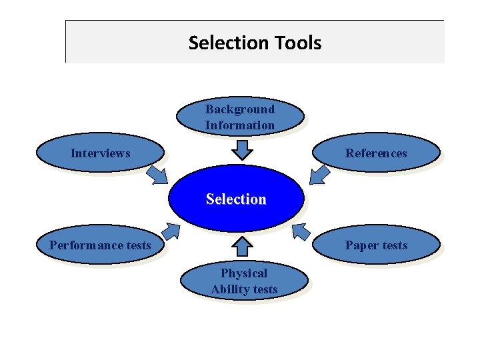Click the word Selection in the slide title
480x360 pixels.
219,43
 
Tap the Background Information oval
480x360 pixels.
239,117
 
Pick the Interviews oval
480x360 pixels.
100,153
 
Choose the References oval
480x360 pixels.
375,153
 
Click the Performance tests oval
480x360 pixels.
100,245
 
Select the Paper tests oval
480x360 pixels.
375,245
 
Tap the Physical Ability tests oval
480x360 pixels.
244,281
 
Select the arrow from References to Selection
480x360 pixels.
319,175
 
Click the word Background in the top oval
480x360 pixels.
239,109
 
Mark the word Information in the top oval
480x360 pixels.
239,125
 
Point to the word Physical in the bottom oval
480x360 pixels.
244,273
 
